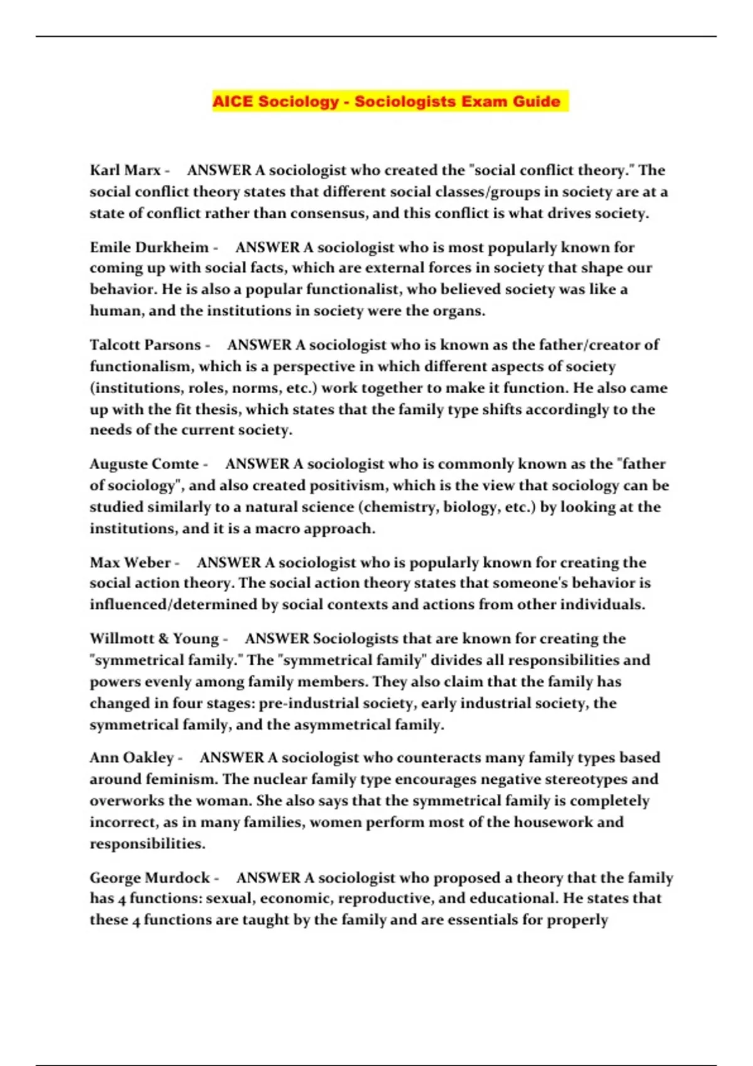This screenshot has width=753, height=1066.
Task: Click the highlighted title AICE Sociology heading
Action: click(x=387, y=102)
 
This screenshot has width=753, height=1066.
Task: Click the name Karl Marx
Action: click(x=125, y=170)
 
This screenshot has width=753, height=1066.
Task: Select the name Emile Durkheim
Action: click(x=149, y=247)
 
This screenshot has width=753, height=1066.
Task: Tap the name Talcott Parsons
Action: click(x=145, y=345)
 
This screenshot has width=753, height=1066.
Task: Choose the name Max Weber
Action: click(x=130, y=562)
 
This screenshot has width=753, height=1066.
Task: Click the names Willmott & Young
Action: click(x=154, y=638)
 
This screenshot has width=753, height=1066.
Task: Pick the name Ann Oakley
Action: click(x=131, y=757)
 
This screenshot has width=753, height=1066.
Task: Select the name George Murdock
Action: click(x=149, y=877)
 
